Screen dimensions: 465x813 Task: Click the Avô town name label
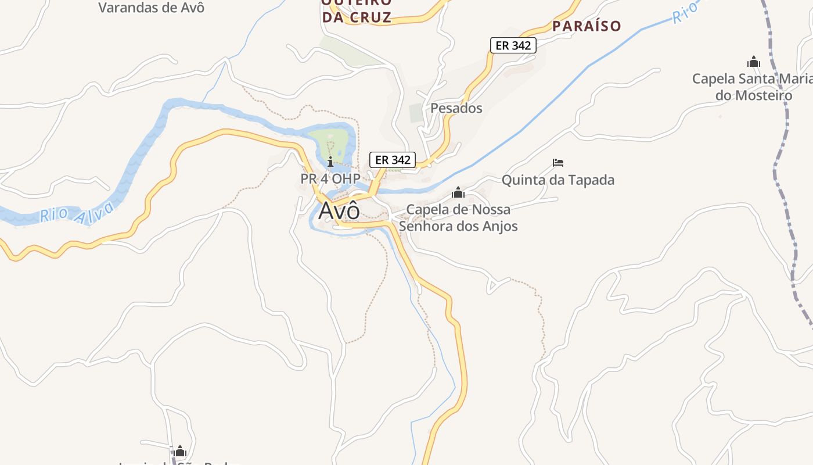[x=339, y=210]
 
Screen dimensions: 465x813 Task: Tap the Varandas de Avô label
[x=151, y=8]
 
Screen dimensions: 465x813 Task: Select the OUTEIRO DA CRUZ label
[x=357, y=10]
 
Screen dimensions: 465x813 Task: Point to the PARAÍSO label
[x=587, y=26]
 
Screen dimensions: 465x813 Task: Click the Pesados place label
[x=456, y=108]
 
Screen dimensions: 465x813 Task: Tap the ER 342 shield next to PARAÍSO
[x=513, y=45]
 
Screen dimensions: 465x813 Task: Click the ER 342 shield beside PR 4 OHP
[x=393, y=160]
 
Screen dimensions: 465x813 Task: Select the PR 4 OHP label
[x=330, y=178]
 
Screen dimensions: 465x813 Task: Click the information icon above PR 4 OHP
[x=330, y=162]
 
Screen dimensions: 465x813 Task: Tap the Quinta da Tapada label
[x=557, y=180]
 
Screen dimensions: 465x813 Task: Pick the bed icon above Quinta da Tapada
[x=558, y=163]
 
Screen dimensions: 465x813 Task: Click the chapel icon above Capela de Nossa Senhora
[x=458, y=192]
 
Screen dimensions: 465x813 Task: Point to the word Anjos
[x=499, y=226]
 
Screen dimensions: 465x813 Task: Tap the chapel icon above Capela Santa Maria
[x=754, y=62]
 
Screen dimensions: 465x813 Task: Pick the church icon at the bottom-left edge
[x=180, y=451]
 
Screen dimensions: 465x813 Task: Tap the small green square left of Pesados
[x=416, y=112]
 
